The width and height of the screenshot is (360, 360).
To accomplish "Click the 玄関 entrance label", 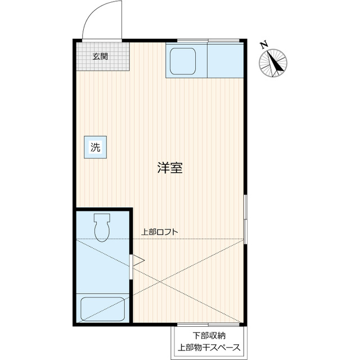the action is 100,56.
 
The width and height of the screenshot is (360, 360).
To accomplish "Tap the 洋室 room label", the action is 170,168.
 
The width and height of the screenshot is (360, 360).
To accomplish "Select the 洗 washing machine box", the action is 95,147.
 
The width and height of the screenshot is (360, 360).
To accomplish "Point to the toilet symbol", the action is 102,228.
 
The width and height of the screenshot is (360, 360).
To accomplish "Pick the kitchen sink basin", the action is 183,61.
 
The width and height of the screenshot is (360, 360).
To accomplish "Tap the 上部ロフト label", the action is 160,232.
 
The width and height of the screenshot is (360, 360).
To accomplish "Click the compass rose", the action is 273,63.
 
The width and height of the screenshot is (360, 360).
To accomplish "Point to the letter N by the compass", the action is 264,44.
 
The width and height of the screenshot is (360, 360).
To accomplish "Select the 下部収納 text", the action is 209,336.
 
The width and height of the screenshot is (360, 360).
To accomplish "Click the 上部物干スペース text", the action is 209,348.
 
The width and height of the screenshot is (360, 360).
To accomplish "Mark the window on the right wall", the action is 245,219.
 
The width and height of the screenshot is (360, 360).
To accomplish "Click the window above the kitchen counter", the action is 208,41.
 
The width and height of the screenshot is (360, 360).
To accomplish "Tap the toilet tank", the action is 102,217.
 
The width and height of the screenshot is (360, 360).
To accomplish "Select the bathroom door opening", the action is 131,267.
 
